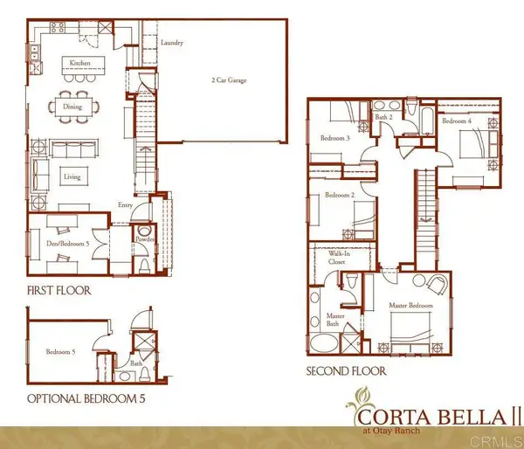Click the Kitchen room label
point(80,64)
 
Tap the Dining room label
point(72,107)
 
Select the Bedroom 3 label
point(335,138)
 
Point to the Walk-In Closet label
point(337,257)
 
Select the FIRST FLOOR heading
point(59,290)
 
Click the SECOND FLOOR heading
point(345,370)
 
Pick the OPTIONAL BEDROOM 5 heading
point(85,400)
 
